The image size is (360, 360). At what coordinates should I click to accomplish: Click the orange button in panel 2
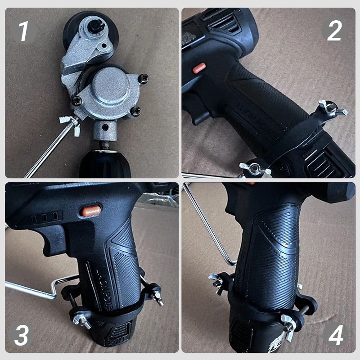click(x=199, y=68)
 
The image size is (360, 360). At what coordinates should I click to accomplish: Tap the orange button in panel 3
click(x=91, y=211)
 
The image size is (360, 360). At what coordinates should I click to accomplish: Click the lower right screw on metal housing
click(x=135, y=110)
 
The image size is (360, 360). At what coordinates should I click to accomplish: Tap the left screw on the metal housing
click(x=78, y=101)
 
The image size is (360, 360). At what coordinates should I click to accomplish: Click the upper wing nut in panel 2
click(x=332, y=108)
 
